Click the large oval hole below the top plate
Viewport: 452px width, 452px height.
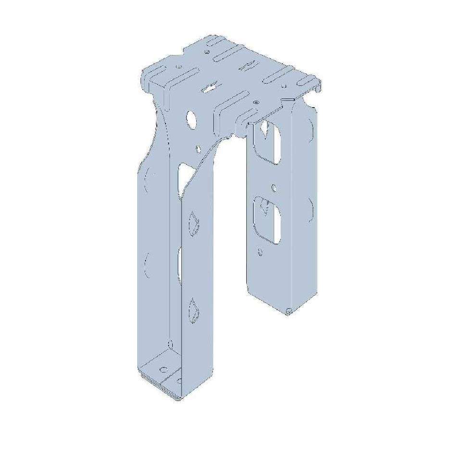click(x=191, y=120)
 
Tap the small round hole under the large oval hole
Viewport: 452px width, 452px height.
click(x=198, y=148)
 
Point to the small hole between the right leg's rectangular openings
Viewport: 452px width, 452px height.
click(x=275, y=186)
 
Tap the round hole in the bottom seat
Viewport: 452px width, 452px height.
click(x=164, y=369)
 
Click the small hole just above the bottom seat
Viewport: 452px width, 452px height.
click(x=169, y=344)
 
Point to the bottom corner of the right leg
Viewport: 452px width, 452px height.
click(x=289, y=312)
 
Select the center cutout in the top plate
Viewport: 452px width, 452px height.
click(x=209, y=88)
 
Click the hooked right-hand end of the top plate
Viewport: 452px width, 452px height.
click(x=317, y=85)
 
